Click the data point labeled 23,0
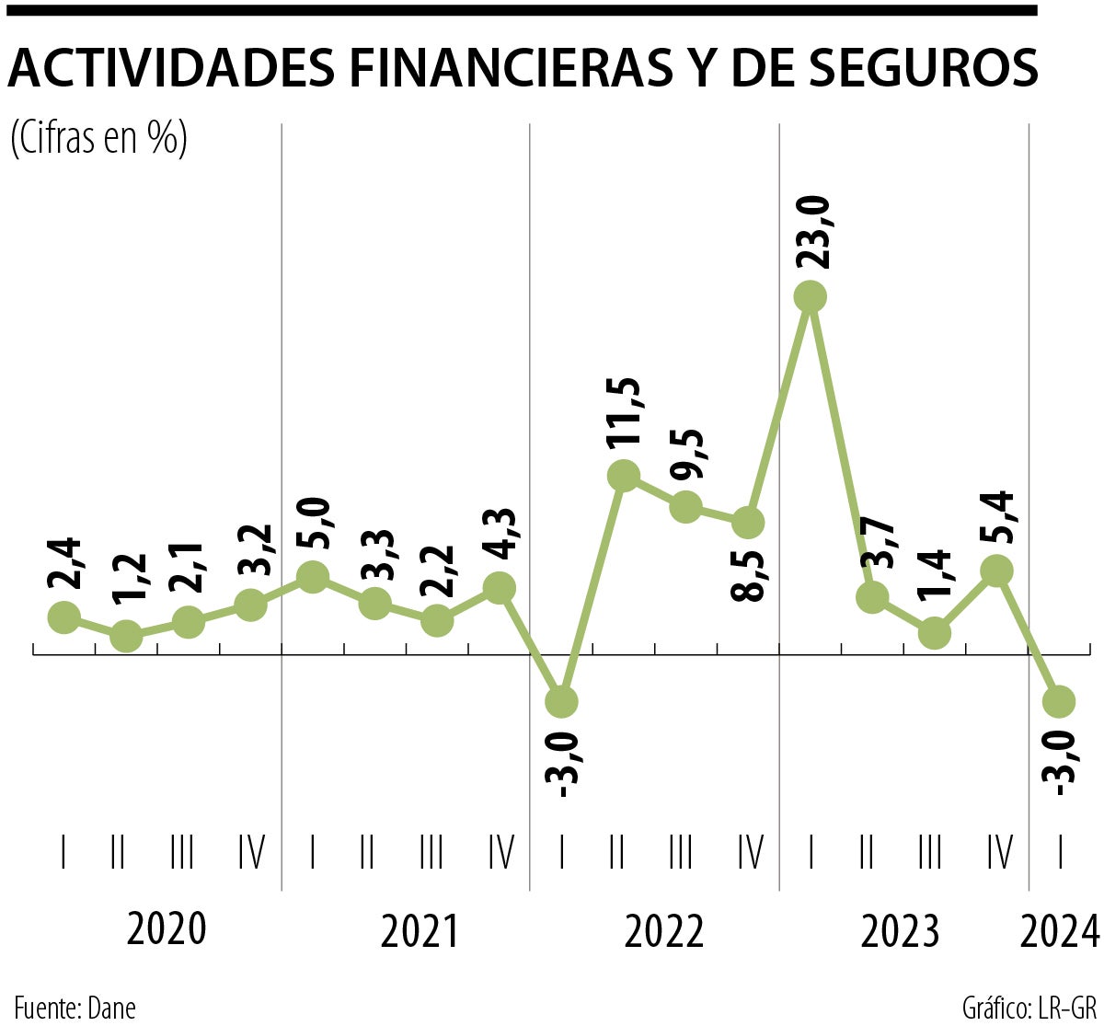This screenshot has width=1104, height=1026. (x=811, y=296)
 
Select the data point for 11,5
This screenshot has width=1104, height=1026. (x=623, y=476)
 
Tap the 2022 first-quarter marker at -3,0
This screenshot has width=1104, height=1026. (x=561, y=701)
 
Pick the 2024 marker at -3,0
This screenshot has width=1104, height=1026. (x=1059, y=701)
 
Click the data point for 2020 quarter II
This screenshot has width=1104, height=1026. (x=126, y=636)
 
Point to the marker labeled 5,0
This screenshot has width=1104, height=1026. (x=313, y=577)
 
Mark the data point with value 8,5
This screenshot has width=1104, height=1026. (x=749, y=523)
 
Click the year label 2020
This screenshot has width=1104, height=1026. (x=167, y=930)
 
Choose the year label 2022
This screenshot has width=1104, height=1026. (x=664, y=932)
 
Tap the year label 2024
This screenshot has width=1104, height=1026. (x=1060, y=932)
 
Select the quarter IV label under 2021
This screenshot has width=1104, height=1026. (x=500, y=854)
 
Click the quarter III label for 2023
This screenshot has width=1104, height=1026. (x=930, y=854)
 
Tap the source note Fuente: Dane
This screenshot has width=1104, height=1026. (x=75, y=1007)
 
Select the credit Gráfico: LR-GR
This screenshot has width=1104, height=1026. (x=1029, y=1007)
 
